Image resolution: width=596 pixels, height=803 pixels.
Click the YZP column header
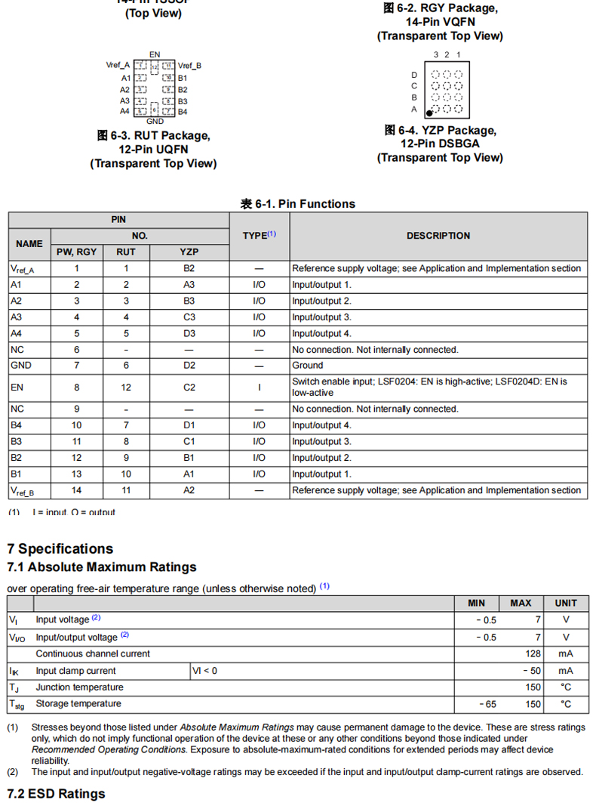pyautogui.click(x=189, y=252)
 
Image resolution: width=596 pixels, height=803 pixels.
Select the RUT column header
pyautogui.click(x=126, y=252)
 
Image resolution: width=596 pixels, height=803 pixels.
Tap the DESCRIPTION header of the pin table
pyautogui.click(x=438, y=236)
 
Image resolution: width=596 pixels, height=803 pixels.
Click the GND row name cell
pyautogui.click(x=20, y=366)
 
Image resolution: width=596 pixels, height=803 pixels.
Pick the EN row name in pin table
pyautogui.click(x=17, y=387)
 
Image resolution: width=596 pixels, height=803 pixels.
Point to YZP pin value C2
pyautogui.click(x=189, y=387)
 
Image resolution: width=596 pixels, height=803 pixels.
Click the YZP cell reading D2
pyautogui.click(x=189, y=366)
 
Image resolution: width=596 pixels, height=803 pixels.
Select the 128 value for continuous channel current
pyautogui.click(x=533, y=653)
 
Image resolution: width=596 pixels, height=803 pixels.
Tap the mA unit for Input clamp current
pyautogui.click(x=566, y=671)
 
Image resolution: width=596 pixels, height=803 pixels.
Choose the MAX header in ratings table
pyautogui.click(x=521, y=603)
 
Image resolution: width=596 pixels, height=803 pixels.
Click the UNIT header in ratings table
pyautogui.click(x=566, y=603)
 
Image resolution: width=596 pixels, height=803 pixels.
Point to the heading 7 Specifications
pyautogui.click(x=60, y=548)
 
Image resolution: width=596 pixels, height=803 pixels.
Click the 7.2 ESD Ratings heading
pyautogui.click(x=56, y=793)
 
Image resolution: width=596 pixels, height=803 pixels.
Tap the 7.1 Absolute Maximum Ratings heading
pyautogui.click(x=102, y=567)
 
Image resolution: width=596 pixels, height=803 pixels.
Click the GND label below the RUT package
pyautogui.click(x=155, y=121)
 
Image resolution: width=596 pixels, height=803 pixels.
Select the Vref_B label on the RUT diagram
pyautogui.click(x=190, y=66)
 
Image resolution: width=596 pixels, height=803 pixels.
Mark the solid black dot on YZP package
pyautogui.click(x=429, y=113)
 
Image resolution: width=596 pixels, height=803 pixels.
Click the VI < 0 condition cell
pyautogui.click(x=205, y=671)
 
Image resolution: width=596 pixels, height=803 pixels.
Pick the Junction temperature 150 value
pyautogui.click(x=533, y=687)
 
